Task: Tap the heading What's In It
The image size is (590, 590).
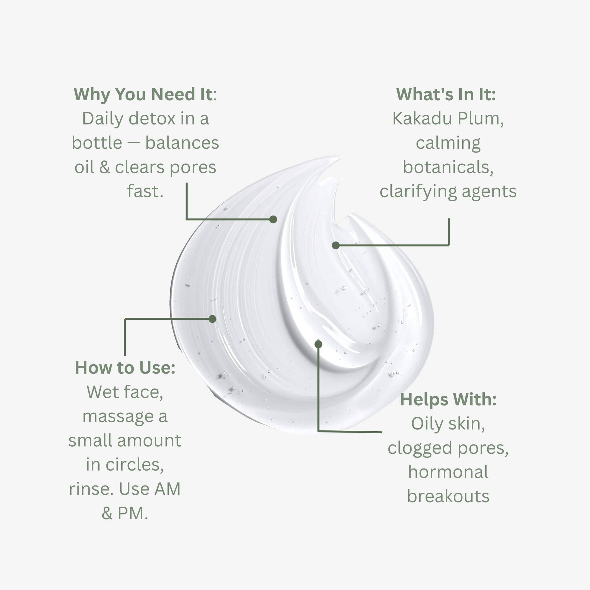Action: (446, 94)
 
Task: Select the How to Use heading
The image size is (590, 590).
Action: (125, 367)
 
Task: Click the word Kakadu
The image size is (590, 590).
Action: (418, 119)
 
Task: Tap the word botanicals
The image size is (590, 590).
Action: (448, 167)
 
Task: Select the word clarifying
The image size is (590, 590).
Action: (418, 191)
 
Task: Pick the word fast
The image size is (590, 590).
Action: (145, 191)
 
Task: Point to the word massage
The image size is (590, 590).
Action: (118, 416)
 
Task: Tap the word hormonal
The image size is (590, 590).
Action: (448, 472)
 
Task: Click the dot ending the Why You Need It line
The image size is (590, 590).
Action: (273, 219)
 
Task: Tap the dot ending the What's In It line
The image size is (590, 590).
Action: (336, 245)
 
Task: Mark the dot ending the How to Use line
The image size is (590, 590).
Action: (212, 319)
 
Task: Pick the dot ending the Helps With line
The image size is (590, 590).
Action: (318, 344)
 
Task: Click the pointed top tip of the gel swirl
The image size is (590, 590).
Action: (340, 157)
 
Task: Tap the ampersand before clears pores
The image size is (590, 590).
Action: (104, 167)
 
